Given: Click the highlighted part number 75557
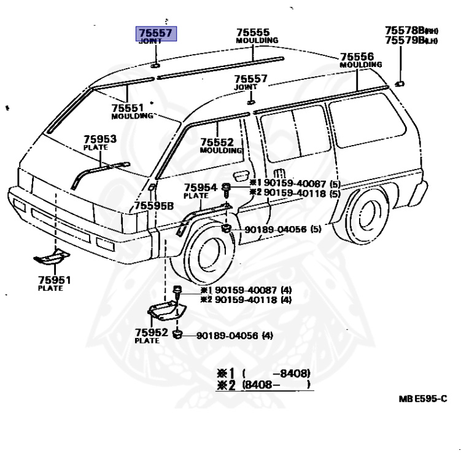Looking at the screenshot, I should tap(156, 33).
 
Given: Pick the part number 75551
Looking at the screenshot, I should tap(128, 108).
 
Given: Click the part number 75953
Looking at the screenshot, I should tap(100, 140).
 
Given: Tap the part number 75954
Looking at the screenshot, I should tap(201, 187).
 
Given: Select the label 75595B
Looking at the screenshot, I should tap(154, 205).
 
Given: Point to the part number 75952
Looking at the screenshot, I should tap(151, 332).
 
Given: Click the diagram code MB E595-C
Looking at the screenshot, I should tap(422, 399).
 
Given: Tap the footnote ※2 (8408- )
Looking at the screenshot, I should tap(264, 385).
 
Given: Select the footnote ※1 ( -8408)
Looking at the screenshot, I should tap(263, 373).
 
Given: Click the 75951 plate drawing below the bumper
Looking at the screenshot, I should tap(52, 256).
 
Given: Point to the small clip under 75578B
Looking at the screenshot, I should tap(398, 82).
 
